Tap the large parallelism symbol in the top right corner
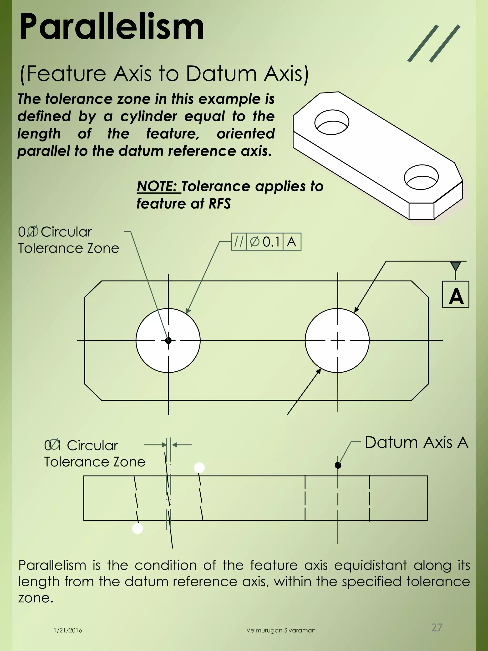pyautogui.click(x=434, y=44)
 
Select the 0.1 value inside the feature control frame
pyautogui.click(x=271, y=242)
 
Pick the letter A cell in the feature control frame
pyautogui.click(x=291, y=242)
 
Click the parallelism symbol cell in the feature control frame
pyautogui.click(x=239, y=242)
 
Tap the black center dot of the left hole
pyautogui.click(x=168, y=340)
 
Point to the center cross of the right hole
pyautogui.click(x=337, y=340)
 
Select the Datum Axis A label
pyautogui.click(x=416, y=443)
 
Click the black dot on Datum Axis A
pyautogui.click(x=338, y=465)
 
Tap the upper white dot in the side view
pyautogui.click(x=199, y=468)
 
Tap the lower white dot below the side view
pyautogui.click(x=137, y=528)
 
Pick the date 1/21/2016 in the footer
pyautogui.click(x=68, y=630)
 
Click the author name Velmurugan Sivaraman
pyautogui.click(x=281, y=630)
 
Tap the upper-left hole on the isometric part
pyautogui.click(x=331, y=122)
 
